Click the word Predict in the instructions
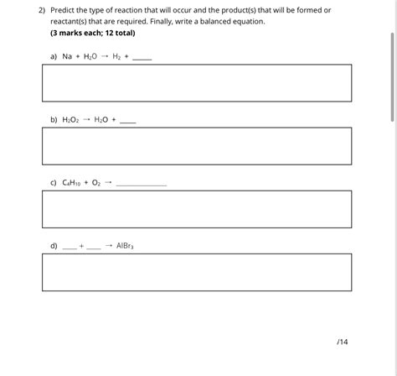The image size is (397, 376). click(x=64, y=10)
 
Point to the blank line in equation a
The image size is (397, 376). click(x=142, y=59)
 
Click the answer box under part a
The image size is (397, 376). click(x=197, y=83)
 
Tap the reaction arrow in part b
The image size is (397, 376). click(x=86, y=119)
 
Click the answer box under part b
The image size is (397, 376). click(x=197, y=146)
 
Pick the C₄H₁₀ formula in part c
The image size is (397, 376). click(x=73, y=182)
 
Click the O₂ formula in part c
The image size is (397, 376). click(x=95, y=182)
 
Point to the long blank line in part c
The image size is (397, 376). click(x=142, y=185)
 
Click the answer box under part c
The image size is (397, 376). click(x=197, y=209)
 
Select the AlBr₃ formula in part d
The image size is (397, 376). click(x=125, y=246)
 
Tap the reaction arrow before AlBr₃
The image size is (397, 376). click(x=109, y=246)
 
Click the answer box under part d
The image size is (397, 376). click(x=197, y=272)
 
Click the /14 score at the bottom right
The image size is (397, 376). click(x=341, y=342)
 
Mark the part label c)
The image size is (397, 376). click(x=54, y=182)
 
